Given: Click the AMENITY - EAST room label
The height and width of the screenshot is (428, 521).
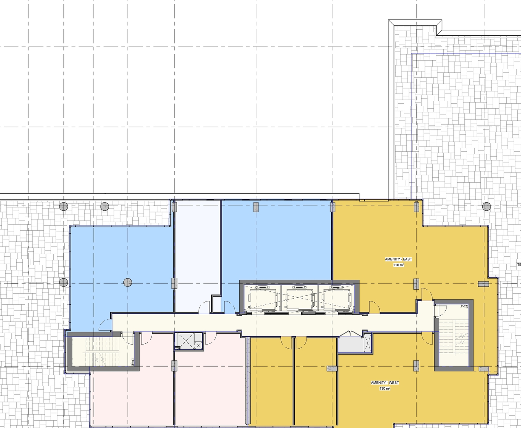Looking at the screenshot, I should point(398,259).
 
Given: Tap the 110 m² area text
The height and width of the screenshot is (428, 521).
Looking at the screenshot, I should point(398,265).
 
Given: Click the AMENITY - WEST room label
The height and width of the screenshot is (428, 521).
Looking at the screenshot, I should point(385,382).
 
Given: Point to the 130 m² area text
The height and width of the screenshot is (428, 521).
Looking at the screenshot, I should point(385,389).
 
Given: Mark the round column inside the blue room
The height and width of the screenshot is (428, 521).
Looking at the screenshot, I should point(128,282).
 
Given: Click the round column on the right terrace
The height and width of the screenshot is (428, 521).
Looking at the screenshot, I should point(486,206).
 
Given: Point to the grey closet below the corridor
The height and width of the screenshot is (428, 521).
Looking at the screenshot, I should point(350,344).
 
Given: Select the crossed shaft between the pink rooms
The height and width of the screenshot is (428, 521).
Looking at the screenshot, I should point(189,341).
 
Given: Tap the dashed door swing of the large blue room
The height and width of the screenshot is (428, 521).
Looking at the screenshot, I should point(104,325).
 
